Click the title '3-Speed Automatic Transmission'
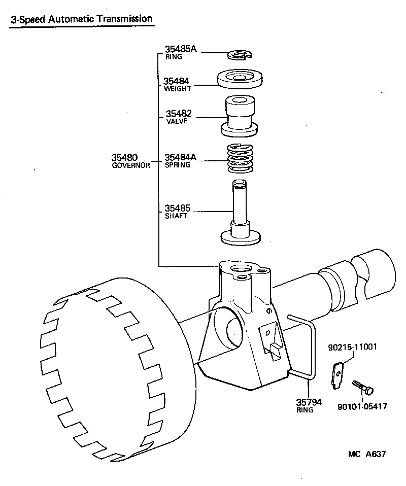point(81,19)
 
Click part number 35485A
point(180,49)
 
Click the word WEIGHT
point(177,89)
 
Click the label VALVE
point(177,122)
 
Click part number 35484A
point(181,157)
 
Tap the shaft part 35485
point(240,213)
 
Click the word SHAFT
point(176,216)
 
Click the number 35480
point(125,157)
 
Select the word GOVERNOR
point(131,165)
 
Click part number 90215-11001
point(352,348)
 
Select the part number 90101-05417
point(361,406)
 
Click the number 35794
point(309,402)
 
